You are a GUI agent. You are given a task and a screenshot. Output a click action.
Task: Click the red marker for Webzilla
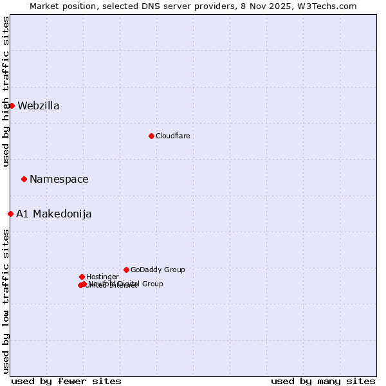12,106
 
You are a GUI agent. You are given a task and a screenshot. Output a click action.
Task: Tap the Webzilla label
39,106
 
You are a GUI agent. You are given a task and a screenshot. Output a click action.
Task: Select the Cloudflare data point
151,136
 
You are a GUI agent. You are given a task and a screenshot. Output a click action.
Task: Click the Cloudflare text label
172,136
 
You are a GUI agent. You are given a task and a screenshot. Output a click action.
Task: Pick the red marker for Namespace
24,179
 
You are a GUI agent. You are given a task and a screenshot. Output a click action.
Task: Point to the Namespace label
59,179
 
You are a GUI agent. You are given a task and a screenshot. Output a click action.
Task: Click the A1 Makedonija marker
10,214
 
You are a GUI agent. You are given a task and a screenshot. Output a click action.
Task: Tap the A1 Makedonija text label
54,214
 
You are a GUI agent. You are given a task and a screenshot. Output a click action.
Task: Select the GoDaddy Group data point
126,270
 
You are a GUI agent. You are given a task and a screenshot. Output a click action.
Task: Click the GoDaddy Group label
158,270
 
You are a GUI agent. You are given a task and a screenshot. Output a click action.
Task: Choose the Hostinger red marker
82,277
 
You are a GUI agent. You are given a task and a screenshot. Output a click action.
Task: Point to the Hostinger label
102,277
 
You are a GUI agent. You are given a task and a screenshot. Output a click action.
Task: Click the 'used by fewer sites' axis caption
66,381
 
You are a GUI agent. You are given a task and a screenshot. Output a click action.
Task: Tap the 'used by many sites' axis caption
323,381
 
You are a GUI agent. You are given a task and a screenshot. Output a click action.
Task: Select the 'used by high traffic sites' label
6,91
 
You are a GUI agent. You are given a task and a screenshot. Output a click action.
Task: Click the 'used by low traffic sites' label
6,301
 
